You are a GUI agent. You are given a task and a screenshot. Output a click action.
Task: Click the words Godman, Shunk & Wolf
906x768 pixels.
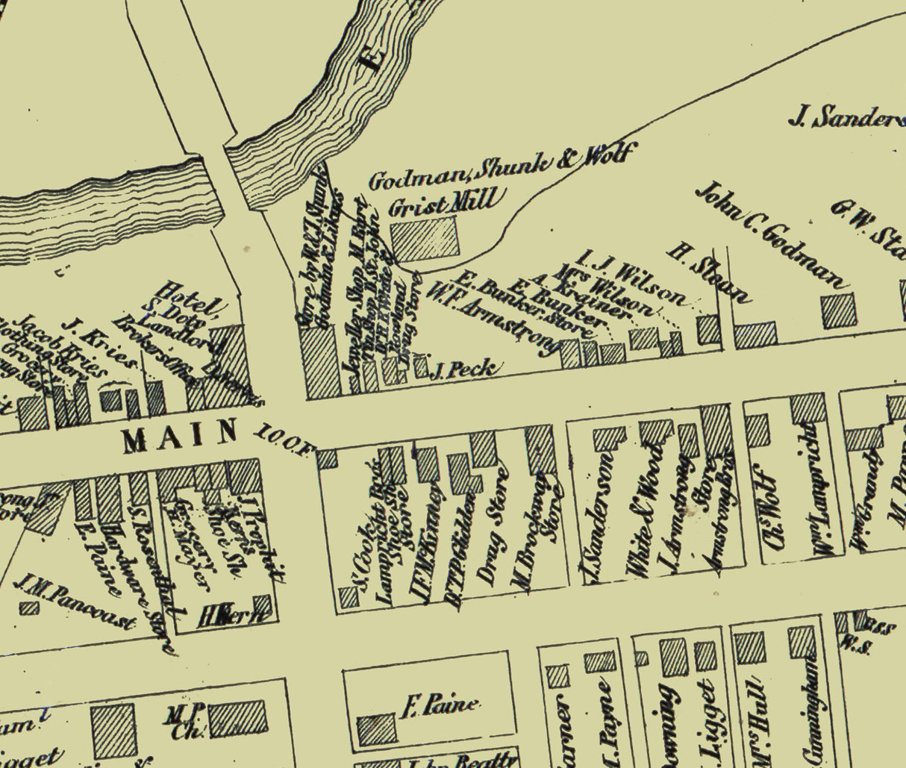(x=501, y=168)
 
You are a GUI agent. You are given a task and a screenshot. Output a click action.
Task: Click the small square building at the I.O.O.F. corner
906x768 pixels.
(x=327, y=458)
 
